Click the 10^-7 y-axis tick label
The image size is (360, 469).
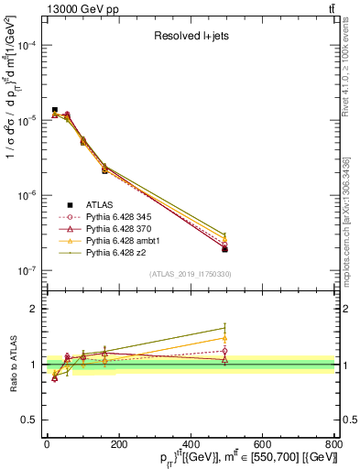[x=25, y=271]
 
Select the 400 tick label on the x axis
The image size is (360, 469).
[x=191, y=445]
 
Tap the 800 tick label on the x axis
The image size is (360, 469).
[x=334, y=445]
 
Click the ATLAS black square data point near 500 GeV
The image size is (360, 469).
[x=225, y=249]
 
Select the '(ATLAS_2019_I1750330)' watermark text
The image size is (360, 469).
[x=191, y=275]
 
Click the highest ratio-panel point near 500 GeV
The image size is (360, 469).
[x=225, y=327]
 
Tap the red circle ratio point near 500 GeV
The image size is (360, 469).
[x=225, y=351]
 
